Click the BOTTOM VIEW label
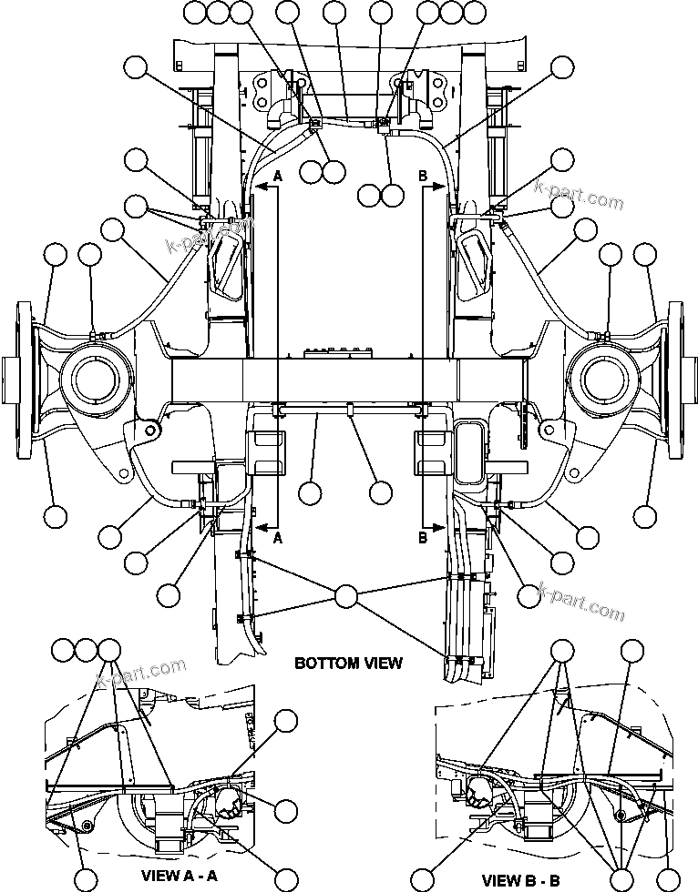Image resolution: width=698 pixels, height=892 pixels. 348,663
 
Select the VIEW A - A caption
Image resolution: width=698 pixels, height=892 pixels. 179,876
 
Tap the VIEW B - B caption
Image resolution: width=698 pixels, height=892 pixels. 522,879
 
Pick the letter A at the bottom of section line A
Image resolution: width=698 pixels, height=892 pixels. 278,537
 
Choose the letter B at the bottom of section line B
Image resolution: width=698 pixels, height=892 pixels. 422,537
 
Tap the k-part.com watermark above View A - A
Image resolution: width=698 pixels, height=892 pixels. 141,674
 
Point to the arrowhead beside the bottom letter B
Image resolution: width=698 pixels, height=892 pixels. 441,527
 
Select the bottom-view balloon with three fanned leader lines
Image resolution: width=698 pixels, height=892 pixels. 346,596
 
